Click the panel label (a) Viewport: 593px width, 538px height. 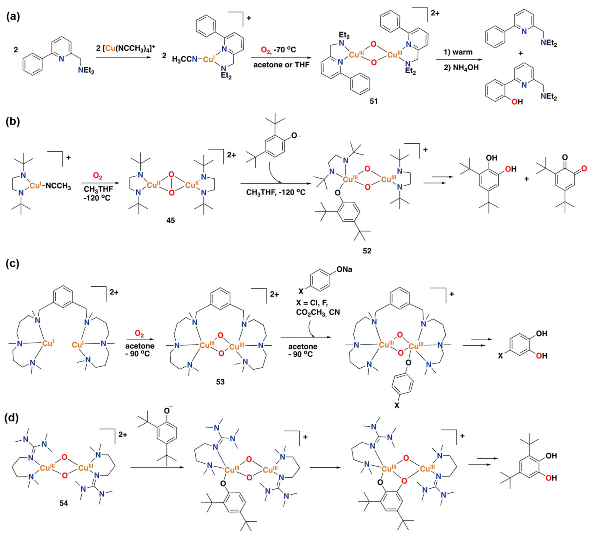click(x=13, y=17)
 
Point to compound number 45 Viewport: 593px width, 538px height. click(x=171, y=220)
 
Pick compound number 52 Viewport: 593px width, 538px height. click(x=367, y=251)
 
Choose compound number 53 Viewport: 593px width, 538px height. click(x=220, y=382)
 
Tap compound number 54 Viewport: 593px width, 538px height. click(x=64, y=503)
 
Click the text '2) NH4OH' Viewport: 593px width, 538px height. click(x=462, y=68)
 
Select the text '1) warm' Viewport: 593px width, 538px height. click(x=458, y=52)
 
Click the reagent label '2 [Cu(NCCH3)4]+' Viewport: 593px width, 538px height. click(x=126, y=48)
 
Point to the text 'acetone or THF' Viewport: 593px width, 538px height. click(x=282, y=65)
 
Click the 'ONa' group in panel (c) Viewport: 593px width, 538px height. click(x=344, y=269)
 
